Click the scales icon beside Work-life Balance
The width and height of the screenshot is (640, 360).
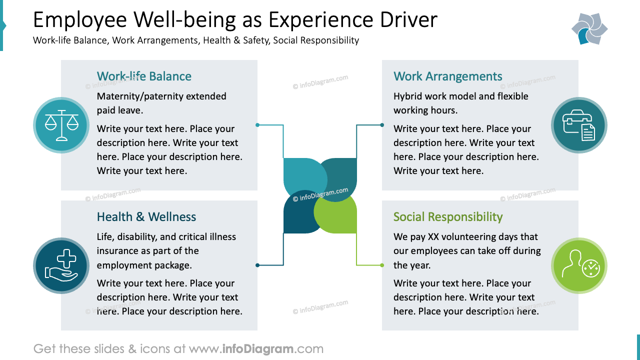pos(61,125)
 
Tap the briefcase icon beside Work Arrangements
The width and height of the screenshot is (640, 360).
pos(579,125)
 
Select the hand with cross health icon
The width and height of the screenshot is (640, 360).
pos(61,265)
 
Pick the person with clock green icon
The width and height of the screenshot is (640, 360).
pos(579,265)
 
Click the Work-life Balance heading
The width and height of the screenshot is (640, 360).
pos(144,76)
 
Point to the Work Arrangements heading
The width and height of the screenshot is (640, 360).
pos(447,76)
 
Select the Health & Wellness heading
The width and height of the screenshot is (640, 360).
pos(146,217)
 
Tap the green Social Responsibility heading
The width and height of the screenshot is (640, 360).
pos(447,217)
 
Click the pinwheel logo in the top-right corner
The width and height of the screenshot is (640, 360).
pos(589,28)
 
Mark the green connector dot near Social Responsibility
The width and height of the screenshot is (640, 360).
pos(382,265)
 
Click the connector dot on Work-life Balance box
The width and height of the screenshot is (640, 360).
pos(257,125)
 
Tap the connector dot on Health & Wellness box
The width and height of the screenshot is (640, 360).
pos(257,265)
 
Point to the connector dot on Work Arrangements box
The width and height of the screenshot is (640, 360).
pos(382,125)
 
